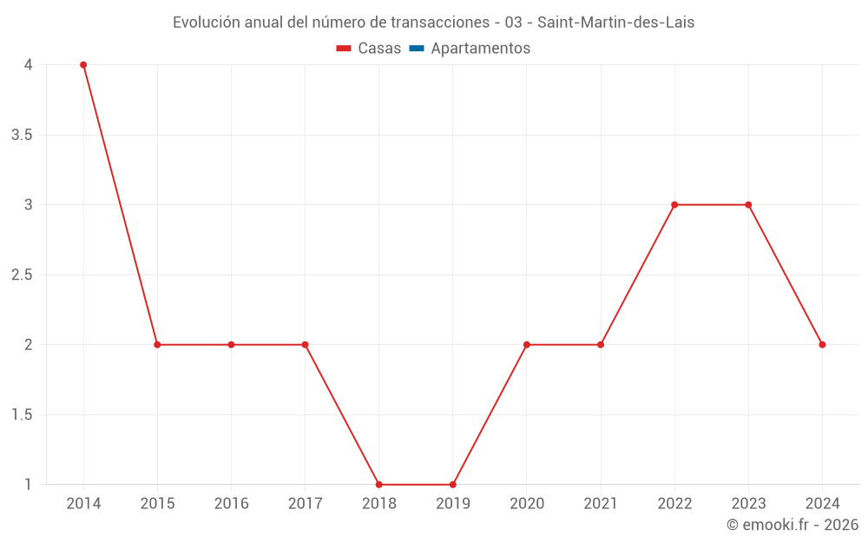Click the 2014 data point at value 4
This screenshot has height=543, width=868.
(x=83, y=65)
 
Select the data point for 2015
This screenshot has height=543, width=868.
(x=157, y=345)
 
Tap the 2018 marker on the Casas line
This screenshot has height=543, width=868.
(x=379, y=485)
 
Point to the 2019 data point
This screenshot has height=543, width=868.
(x=453, y=485)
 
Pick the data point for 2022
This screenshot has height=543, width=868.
(x=674, y=205)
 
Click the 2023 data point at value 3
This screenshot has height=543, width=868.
(x=748, y=205)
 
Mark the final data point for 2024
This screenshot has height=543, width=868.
(x=822, y=345)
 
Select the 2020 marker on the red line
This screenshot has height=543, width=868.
(x=527, y=345)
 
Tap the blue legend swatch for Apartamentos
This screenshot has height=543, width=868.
(x=417, y=49)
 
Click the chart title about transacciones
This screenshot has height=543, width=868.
(x=433, y=23)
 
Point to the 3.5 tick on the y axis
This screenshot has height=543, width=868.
(x=23, y=135)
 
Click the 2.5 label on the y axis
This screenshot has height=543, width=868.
(x=23, y=275)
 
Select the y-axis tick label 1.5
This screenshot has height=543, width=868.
(x=23, y=414)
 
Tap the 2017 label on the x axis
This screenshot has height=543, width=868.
(x=305, y=504)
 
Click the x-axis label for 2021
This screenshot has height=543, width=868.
(x=601, y=504)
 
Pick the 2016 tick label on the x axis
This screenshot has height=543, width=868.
(x=231, y=504)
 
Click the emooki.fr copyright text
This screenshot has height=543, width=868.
(x=792, y=525)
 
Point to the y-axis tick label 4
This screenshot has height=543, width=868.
(x=29, y=65)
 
